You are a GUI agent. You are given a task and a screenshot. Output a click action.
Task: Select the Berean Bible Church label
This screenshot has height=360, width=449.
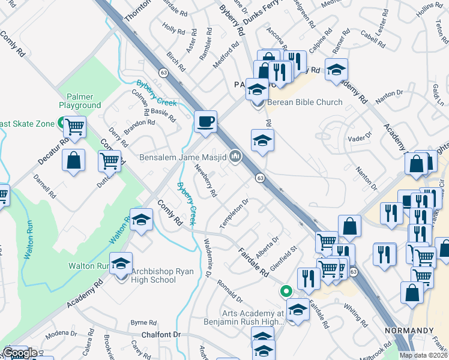(x=305, y=102)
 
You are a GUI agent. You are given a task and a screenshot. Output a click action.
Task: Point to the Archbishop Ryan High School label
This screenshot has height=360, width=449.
(x=154, y=275)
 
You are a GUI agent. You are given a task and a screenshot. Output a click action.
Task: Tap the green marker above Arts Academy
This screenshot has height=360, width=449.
(x=287, y=292)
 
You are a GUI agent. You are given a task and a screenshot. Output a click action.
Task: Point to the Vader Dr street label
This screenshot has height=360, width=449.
(x=356, y=138)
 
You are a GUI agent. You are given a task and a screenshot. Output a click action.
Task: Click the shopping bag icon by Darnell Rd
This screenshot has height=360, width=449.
(x=73, y=161)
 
